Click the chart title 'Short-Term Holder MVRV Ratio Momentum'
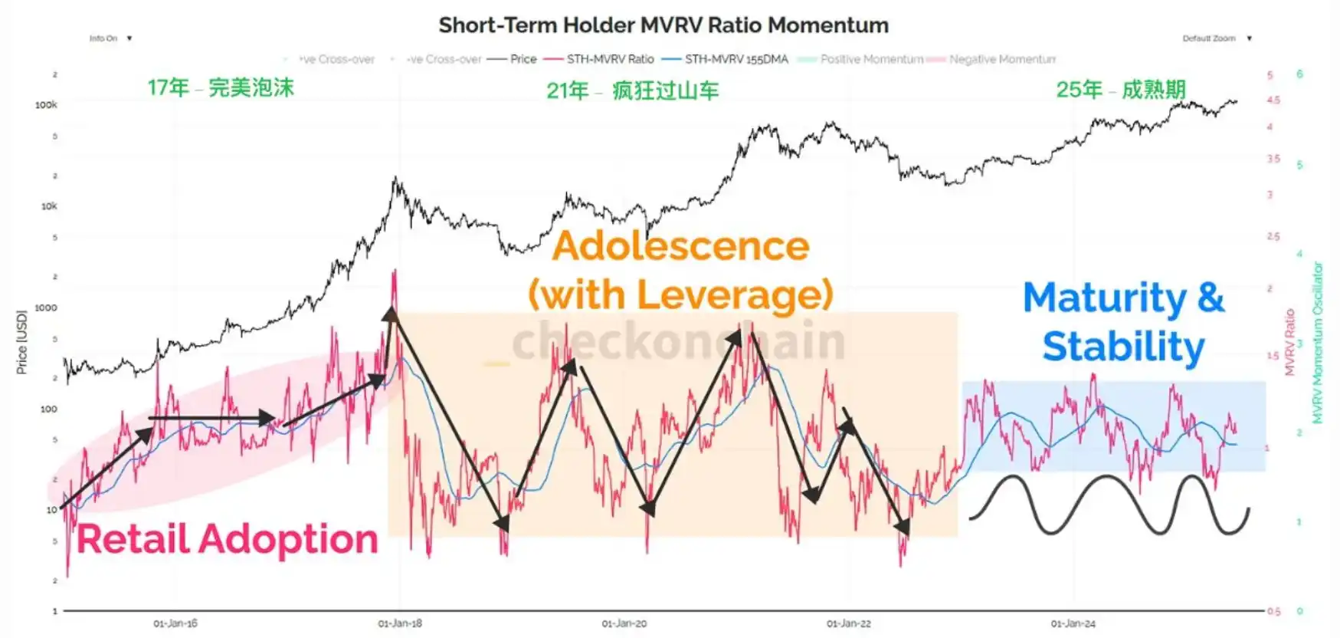point(663,25)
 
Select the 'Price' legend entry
point(523,59)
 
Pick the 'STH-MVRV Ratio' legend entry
point(610,59)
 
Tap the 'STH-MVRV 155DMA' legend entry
point(736,59)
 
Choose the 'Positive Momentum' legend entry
point(871,59)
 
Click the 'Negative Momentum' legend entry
point(1001,59)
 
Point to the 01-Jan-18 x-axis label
point(400,623)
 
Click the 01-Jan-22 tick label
point(849,623)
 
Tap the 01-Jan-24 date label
point(1073,623)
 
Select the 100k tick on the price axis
point(46,105)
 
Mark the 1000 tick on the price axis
point(46,307)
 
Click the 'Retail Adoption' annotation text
point(228,539)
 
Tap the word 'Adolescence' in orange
point(680,246)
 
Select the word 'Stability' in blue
point(1123,347)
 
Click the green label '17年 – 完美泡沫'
point(221,87)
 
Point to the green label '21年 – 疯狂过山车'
point(633,90)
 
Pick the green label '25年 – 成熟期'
point(1120,90)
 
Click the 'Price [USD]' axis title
point(21,342)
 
